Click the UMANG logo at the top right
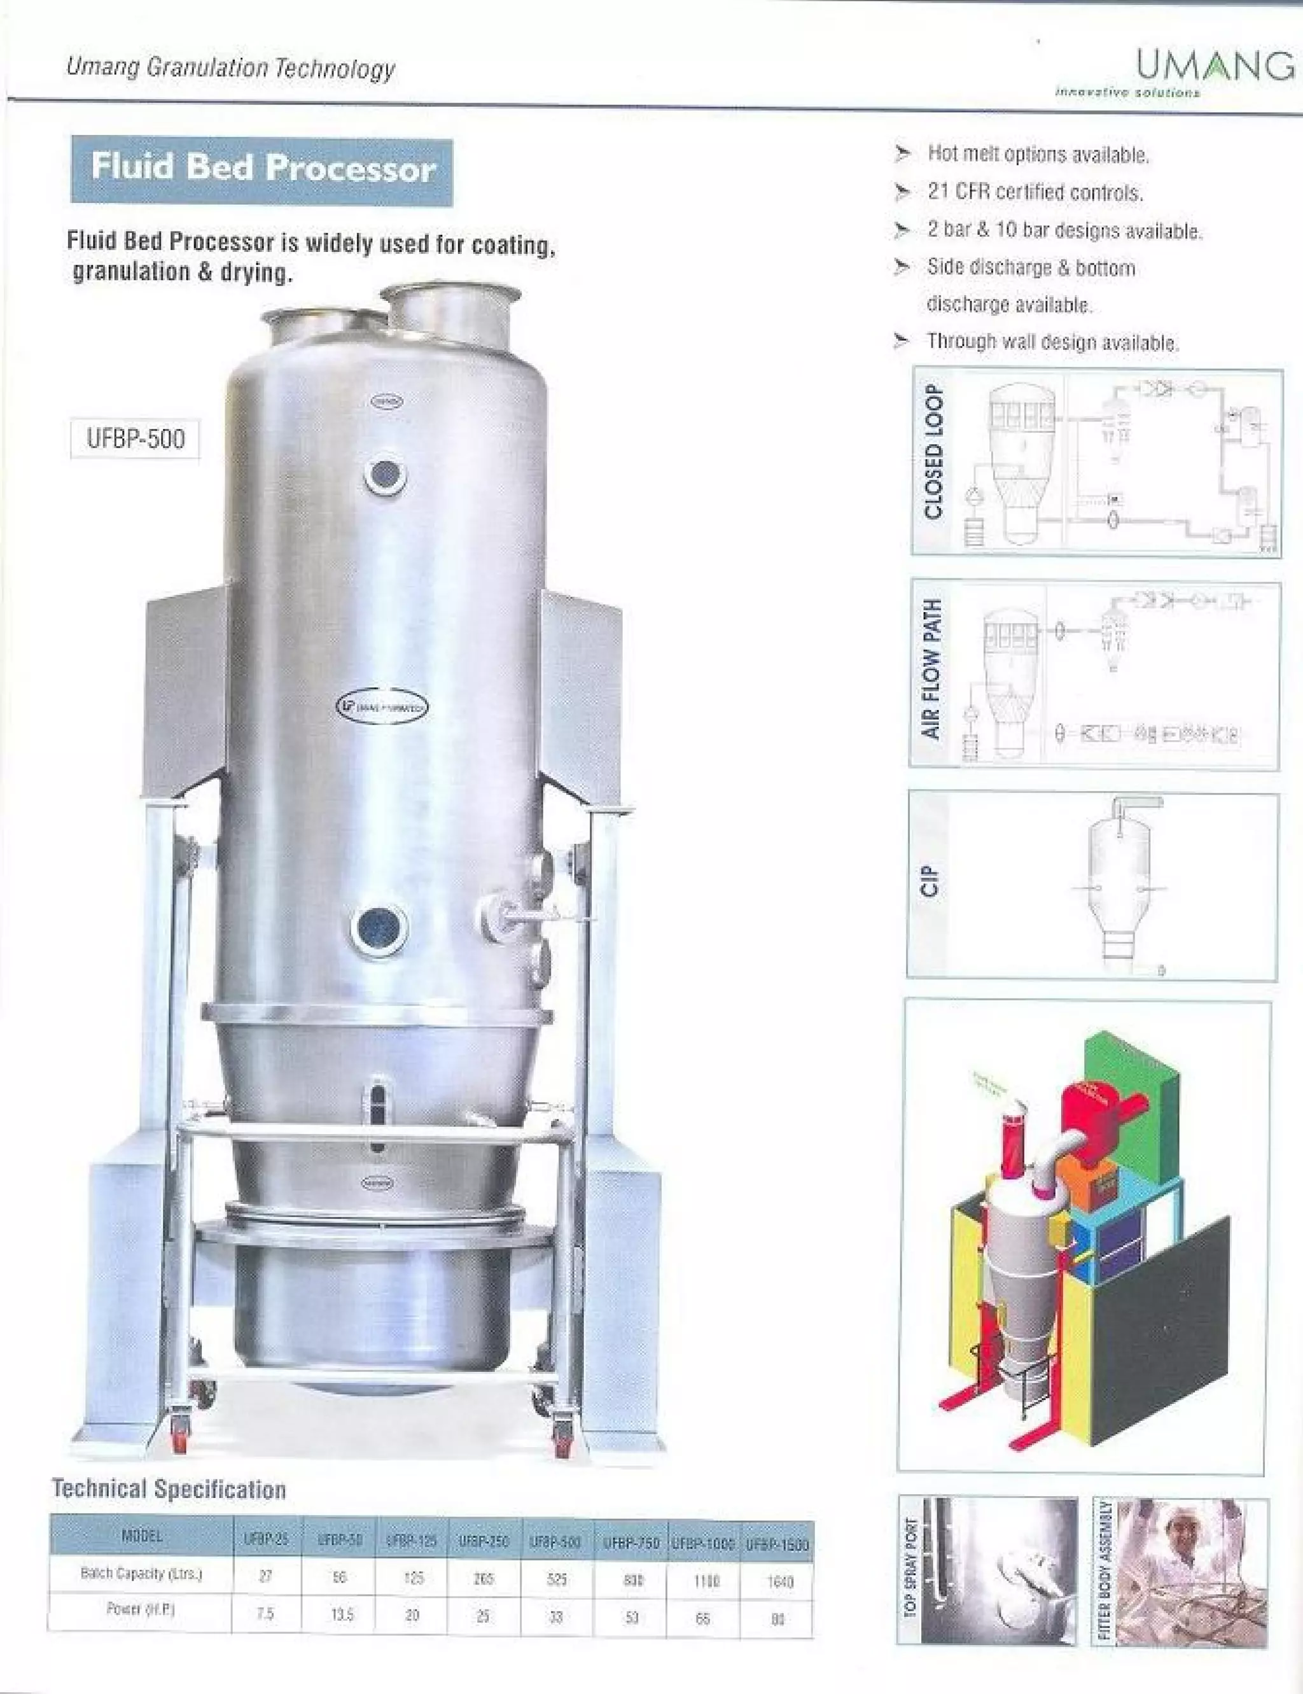pos(1214,67)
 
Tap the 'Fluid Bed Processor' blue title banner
pos(262,169)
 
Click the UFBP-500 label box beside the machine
pos(136,439)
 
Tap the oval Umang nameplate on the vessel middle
pos(382,706)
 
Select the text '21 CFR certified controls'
pos(1035,192)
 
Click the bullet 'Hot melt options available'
pos(1038,155)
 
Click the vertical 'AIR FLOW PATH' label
pos(932,669)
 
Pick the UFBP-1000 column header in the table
pos(702,1544)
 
